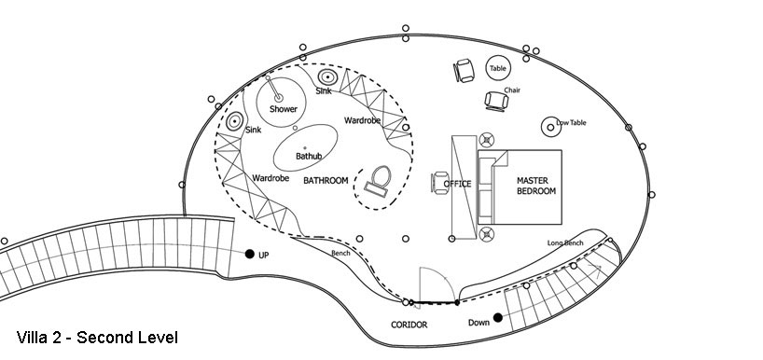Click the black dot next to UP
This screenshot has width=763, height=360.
250,254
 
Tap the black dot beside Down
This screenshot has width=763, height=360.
498,318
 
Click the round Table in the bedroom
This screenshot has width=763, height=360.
498,69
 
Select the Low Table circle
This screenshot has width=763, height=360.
551,127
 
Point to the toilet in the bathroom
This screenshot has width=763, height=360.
379,182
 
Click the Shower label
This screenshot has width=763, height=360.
284,109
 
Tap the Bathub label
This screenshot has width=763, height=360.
309,156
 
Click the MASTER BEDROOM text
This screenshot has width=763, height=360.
535,186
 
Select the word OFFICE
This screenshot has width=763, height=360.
457,184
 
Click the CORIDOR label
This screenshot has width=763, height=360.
409,325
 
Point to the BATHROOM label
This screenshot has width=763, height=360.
326,181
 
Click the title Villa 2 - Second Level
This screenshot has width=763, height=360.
97,337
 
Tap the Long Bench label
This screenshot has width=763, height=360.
565,242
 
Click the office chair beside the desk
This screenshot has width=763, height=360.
440,183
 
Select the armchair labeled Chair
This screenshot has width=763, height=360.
497,101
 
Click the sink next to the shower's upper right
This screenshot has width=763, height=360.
327,76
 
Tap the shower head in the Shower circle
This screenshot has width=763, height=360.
278,98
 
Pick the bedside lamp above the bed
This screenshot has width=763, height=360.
486,140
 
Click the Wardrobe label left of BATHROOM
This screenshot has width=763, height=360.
271,178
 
